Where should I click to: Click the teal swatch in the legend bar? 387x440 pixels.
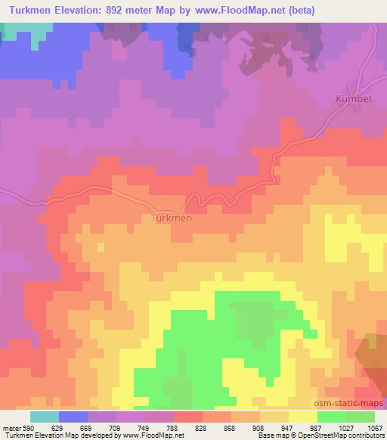(x=45, y=416)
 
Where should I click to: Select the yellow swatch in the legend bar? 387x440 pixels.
(x=302, y=416)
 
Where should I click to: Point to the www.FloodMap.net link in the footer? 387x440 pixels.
(x=144, y=435)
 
